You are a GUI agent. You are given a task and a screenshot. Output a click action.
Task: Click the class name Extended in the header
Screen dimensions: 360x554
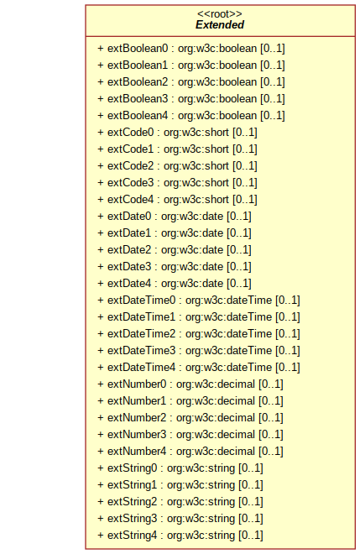(220, 24)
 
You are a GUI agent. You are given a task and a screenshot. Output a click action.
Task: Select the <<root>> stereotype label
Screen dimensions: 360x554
(220, 14)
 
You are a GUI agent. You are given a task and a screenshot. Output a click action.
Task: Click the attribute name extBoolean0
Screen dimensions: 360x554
(138, 49)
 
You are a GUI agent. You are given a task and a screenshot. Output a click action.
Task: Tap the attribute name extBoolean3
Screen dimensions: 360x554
(138, 98)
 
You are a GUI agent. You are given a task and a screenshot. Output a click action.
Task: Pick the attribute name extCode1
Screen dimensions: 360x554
(131, 149)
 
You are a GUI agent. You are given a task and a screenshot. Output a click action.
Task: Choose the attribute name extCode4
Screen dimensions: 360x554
(131, 199)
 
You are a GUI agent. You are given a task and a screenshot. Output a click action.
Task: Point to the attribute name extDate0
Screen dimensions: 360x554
(129, 217)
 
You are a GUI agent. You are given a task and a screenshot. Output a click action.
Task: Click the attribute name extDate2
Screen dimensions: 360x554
(129, 250)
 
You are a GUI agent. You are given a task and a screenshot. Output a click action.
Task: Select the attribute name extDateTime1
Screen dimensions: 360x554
(141, 317)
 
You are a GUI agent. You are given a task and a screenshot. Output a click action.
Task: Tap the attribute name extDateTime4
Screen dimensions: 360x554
(141, 367)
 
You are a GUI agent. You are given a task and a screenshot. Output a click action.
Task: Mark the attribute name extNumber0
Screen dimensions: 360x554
(137, 384)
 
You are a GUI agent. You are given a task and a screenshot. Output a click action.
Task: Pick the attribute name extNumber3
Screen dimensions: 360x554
(137, 434)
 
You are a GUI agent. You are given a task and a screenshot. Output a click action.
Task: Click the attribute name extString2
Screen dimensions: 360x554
(132, 501)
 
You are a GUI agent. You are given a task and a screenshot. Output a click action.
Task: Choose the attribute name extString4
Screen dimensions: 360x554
(132, 535)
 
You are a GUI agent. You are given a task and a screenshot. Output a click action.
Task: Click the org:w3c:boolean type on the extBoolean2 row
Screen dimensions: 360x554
(217, 82)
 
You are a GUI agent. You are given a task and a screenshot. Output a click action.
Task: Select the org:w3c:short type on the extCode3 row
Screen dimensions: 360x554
(196, 183)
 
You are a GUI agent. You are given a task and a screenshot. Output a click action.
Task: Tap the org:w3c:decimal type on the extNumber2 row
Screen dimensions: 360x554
(216, 418)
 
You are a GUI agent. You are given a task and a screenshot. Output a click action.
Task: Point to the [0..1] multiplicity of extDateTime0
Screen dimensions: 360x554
(288, 301)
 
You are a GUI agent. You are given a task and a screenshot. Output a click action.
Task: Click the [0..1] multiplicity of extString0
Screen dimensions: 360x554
(251, 468)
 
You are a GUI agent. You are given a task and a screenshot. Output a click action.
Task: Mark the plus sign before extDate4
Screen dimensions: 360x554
(101, 284)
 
